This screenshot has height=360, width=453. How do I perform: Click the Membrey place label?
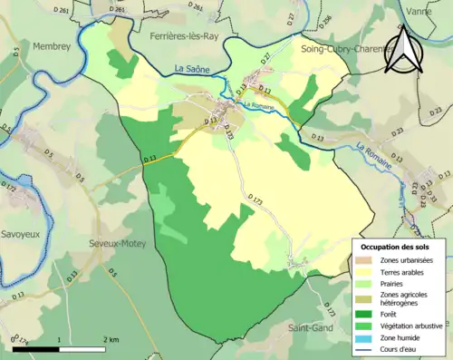[x=51, y=44]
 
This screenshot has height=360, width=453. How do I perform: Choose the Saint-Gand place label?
[x=315, y=327]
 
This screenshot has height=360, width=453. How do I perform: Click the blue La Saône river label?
[x=193, y=70]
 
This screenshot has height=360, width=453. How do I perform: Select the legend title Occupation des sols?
[x=398, y=246]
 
